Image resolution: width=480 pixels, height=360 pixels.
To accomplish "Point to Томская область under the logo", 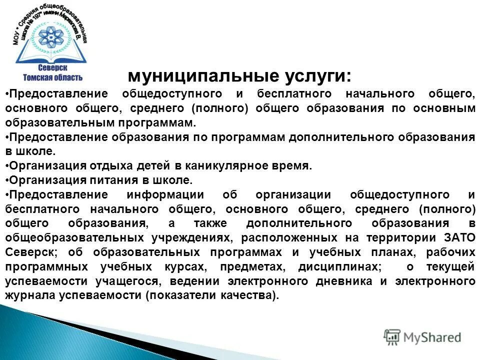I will point(52,77).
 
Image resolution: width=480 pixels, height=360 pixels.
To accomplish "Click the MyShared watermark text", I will point(433,337).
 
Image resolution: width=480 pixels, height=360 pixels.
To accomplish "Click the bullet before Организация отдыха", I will point(7,166).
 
